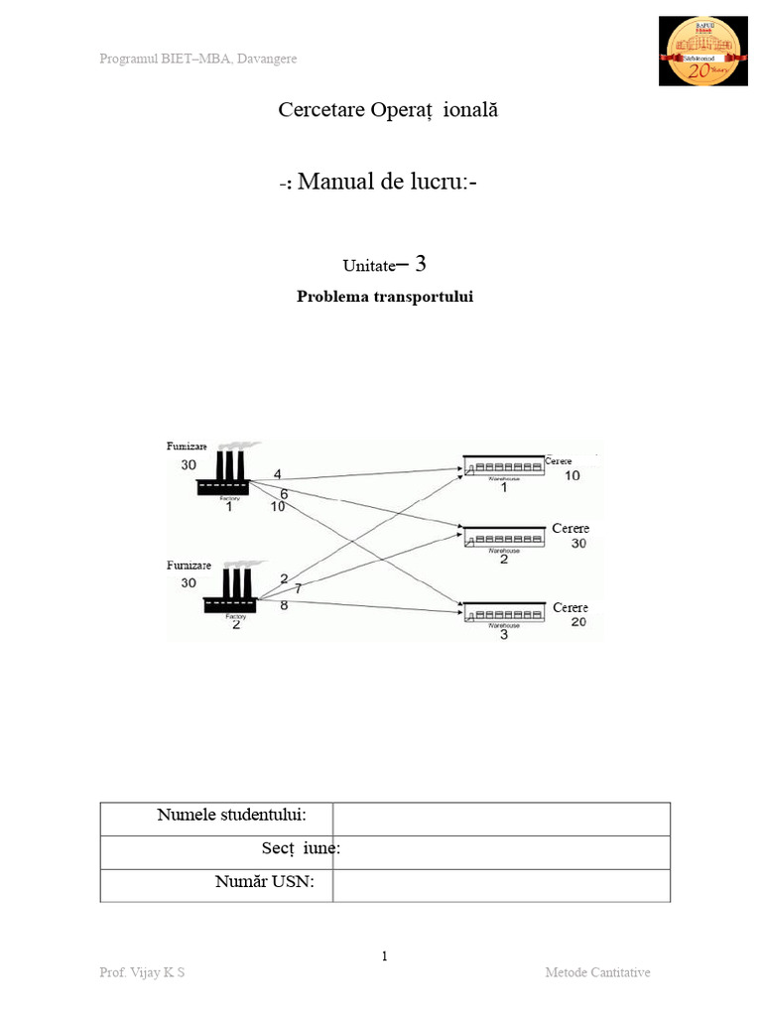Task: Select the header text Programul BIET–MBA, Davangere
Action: (x=198, y=59)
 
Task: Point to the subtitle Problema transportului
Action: (x=385, y=297)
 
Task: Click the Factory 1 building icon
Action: (x=223, y=473)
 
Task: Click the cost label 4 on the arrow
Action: (x=278, y=473)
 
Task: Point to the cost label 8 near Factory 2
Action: (x=285, y=604)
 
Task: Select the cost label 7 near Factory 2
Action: (x=298, y=589)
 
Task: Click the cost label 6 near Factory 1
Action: (x=284, y=493)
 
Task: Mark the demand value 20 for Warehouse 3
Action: (x=577, y=622)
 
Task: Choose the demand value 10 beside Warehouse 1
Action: (x=572, y=476)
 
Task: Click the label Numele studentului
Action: (x=231, y=816)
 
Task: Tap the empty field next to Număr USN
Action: (x=501, y=885)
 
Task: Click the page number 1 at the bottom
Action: (x=385, y=956)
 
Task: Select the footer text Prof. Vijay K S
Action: (x=142, y=972)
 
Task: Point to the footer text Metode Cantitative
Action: (x=597, y=972)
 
